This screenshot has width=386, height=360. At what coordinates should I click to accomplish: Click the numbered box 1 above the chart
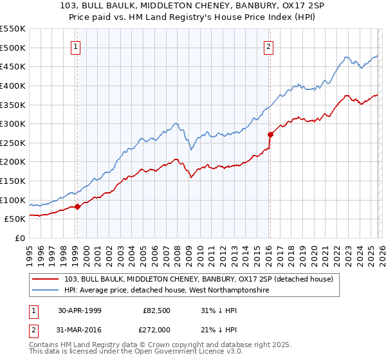(x=76, y=46)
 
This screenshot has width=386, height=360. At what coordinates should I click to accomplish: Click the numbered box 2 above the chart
(x=268, y=46)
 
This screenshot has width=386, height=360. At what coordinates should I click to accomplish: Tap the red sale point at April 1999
(x=77, y=206)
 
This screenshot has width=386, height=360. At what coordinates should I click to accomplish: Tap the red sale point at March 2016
(x=270, y=134)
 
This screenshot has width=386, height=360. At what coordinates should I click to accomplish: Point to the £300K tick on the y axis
(x=14, y=123)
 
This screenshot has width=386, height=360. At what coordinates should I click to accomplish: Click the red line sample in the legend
(x=46, y=279)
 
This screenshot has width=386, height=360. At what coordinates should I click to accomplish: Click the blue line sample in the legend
(x=46, y=291)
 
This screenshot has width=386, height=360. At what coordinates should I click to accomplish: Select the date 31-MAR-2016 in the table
(x=80, y=329)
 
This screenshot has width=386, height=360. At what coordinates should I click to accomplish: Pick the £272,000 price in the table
(x=157, y=329)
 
